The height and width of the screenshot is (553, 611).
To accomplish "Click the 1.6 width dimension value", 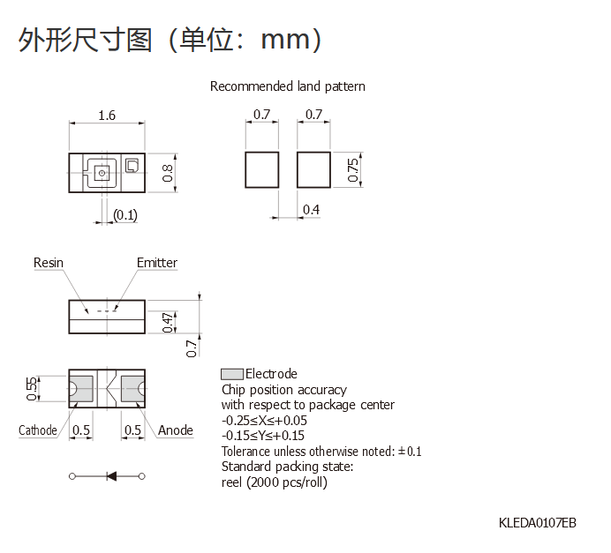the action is (x=107, y=116).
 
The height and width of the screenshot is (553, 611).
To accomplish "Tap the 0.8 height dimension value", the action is (x=168, y=173).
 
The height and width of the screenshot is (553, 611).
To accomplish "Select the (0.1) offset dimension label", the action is (x=125, y=215).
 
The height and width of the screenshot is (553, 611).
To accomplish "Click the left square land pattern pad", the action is (x=262, y=170).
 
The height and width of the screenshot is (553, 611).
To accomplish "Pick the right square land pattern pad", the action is (x=313, y=170).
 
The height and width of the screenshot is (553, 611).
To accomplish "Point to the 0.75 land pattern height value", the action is (x=352, y=170).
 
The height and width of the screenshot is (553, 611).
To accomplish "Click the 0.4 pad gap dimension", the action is (x=312, y=210).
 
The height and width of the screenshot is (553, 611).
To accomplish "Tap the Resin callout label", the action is (x=49, y=263).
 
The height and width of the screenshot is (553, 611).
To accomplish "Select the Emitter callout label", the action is (x=157, y=263).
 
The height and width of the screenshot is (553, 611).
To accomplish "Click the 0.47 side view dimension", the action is (x=168, y=323).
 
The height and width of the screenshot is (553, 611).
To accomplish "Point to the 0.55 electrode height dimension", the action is (x=32, y=388).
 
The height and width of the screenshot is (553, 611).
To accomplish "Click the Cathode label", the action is (x=38, y=430).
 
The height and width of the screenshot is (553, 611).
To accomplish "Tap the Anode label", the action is (x=176, y=430).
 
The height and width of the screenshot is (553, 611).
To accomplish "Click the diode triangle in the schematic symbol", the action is (x=111, y=476).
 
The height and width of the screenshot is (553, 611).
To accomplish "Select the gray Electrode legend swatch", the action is (x=232, y=374).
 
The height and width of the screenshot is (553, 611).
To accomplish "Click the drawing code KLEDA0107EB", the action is (x=538, y=523).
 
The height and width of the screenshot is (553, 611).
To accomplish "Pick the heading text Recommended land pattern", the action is (x=288, y=86).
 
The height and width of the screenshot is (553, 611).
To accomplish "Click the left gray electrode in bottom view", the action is (x=81, y=388).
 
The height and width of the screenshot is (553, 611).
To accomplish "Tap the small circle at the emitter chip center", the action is (x=102, y=173).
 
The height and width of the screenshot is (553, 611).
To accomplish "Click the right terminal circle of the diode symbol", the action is (x=142, y=476).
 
